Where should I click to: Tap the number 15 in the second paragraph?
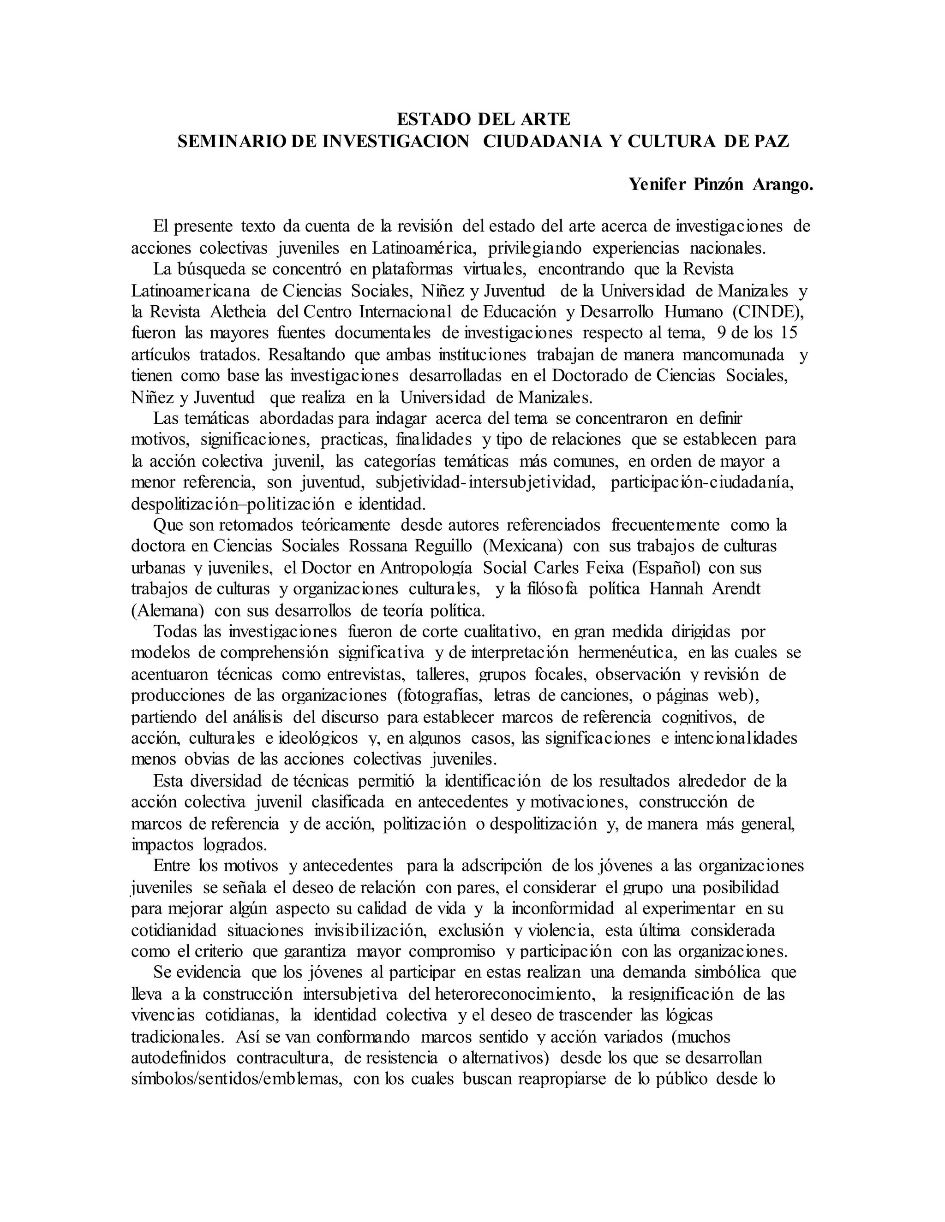click(x=788, y=333)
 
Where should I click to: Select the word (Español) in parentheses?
click(x=666, y=568)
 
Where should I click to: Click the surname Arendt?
click(x=736, y=589)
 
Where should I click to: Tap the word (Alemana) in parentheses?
click(x=167, y=611)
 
